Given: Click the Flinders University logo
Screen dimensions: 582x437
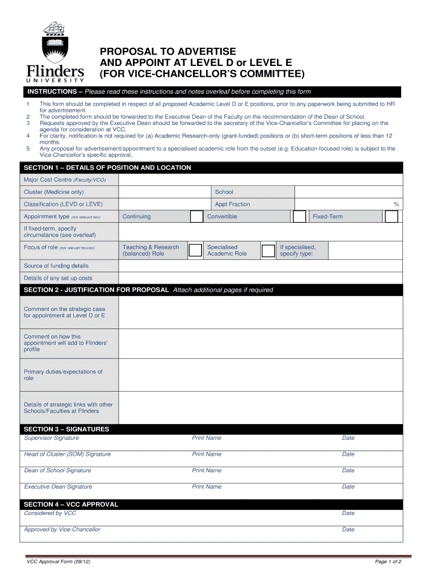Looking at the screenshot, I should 55,54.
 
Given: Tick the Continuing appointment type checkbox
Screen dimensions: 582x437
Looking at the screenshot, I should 196,217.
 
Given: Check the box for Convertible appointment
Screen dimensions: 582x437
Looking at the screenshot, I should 299,217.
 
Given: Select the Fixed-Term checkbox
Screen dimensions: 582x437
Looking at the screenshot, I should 392,217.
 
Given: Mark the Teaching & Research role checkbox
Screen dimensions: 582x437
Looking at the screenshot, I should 195,251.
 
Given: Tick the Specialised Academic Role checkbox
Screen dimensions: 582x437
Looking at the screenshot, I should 268,251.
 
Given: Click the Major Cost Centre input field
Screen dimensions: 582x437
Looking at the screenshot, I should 260,180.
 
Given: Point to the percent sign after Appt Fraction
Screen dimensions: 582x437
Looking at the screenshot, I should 397,204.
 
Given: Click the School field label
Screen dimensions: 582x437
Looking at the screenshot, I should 224,192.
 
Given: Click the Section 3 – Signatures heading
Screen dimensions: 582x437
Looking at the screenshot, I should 66,429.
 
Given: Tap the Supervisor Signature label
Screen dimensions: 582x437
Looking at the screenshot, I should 52,438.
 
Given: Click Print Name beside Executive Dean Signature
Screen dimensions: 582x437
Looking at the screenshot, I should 207,487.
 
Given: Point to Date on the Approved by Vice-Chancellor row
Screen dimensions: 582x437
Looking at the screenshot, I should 348,530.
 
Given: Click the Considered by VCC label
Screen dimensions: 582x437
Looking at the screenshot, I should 50,513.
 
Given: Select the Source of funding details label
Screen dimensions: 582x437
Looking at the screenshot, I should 56,266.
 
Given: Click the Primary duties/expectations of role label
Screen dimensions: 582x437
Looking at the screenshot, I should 63,375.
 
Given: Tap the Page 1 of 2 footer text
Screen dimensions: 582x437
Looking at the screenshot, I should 388,562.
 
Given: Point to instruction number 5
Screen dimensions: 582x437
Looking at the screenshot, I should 28,149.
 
